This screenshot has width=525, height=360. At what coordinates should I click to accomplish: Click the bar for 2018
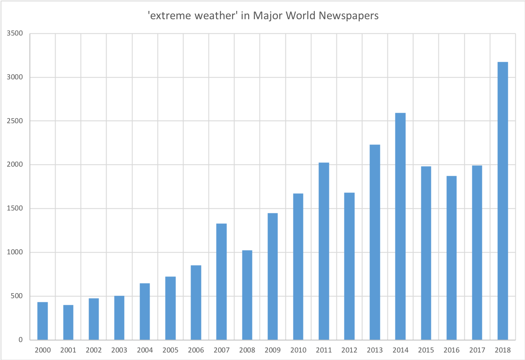click(x=502, y=200)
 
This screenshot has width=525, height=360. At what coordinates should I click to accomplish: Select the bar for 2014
click(x=400, y=226)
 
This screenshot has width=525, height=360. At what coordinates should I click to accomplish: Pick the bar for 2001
click(x=68, y=322)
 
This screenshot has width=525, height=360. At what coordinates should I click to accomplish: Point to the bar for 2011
click(x=324, y=251)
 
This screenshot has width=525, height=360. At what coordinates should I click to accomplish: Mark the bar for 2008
click(x=247, y=295)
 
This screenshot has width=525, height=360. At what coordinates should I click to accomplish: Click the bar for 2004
click(x=145, y=311)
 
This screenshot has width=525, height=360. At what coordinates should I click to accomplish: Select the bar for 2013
click(x=375, y=242)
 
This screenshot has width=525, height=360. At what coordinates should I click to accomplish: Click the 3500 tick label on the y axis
click(x=15, y=33)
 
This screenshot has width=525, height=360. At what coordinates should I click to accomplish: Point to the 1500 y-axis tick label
click(x=15, y=208)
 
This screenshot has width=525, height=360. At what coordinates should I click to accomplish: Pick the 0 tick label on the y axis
click(x=20, y=340)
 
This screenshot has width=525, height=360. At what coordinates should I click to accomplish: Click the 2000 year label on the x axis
click(x=43, y=350)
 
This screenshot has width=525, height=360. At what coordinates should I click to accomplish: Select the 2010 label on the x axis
click(x=298, y=350)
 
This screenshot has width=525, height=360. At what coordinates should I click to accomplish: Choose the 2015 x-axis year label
click(x=426, y=350)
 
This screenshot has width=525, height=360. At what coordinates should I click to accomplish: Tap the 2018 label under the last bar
click(x=502, y=350)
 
